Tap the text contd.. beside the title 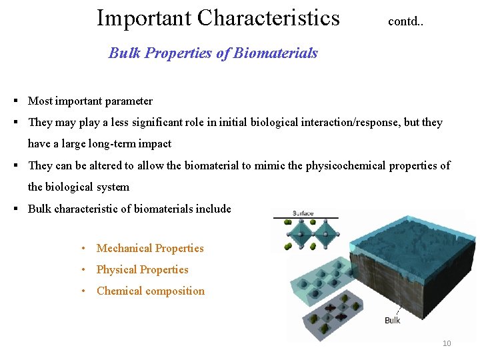406,21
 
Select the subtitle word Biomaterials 275,53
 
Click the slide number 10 447,343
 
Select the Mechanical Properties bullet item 150,248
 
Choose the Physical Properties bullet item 142,269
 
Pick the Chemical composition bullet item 151,291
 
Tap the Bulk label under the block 393,321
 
